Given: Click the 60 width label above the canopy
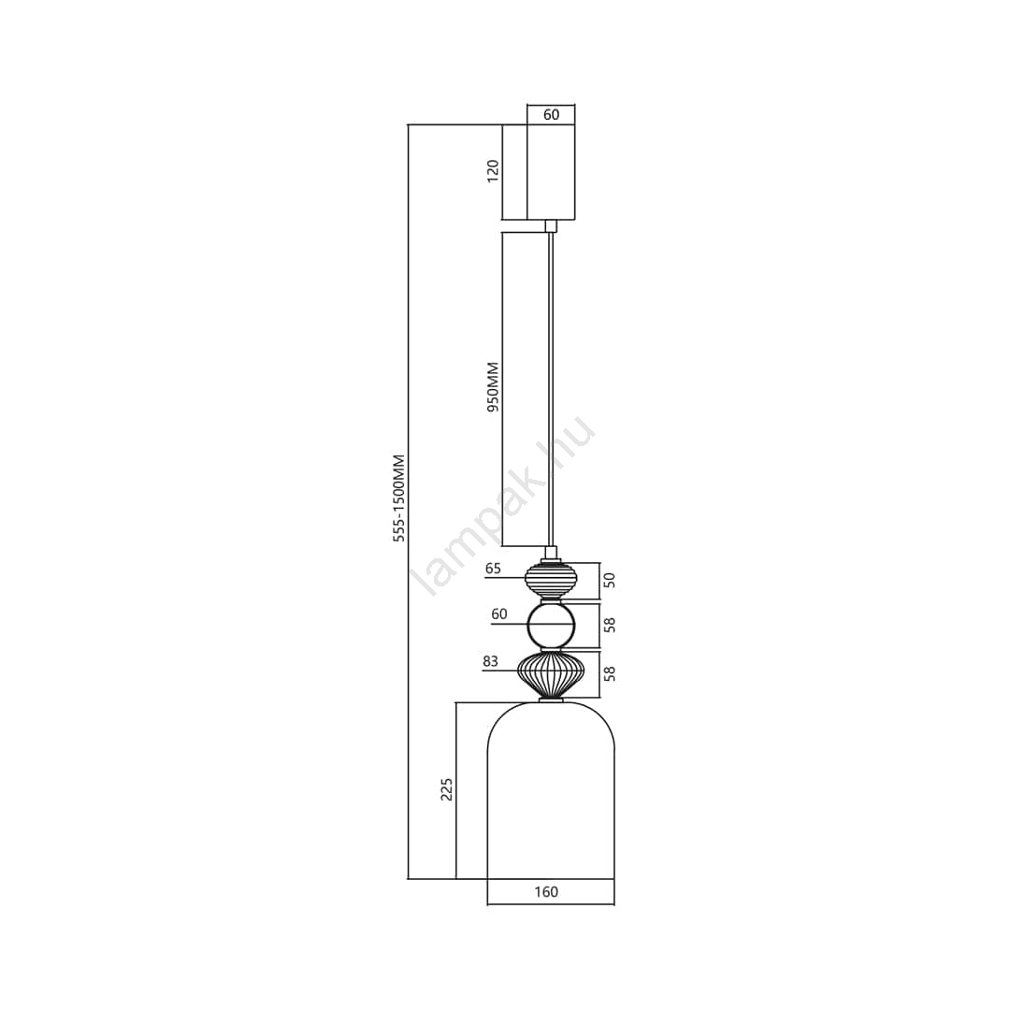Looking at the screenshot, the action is point(552,115).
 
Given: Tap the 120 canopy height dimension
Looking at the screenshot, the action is point(493,171).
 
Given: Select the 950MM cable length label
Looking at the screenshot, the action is point(493,387).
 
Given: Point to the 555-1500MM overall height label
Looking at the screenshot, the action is point(399,498).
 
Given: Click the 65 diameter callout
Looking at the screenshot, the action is point(493,569).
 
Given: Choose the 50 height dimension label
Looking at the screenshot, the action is point(610,580).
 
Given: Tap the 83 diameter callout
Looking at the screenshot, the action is point(490,661).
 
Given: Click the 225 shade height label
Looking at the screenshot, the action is point(446,789).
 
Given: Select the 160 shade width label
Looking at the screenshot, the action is point(546,892).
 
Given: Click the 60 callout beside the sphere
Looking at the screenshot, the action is point(499,614).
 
